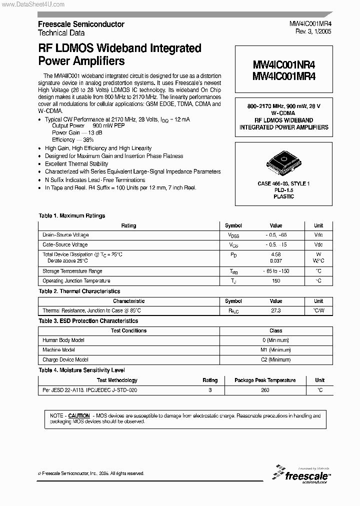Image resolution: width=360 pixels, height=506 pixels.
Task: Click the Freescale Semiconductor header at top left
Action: [81, 24]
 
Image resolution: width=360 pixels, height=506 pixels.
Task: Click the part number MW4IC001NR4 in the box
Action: [283, 65]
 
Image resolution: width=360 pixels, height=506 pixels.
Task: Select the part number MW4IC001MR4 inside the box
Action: [283, 76]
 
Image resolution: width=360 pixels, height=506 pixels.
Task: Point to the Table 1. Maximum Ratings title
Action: [72, 216]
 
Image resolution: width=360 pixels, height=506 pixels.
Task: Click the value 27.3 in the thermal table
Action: [275, 310]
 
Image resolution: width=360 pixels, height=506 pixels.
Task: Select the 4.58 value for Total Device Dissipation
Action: [275, 254]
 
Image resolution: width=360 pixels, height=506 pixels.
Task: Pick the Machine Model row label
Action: [59, 350]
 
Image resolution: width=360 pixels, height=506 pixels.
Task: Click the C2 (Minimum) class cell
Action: [275, 359]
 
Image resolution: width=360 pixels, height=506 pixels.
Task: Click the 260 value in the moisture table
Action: [265, 390]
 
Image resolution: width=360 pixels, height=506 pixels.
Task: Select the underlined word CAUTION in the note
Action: [79, 415]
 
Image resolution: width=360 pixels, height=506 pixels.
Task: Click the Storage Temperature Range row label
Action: [72, 271]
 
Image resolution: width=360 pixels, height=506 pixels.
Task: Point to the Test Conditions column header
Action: [128, 330]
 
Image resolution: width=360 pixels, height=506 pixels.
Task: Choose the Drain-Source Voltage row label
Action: [65, 235]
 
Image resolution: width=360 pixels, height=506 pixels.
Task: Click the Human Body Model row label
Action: [63, 340]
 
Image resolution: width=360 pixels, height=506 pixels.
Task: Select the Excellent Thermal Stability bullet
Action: [76, 163]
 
